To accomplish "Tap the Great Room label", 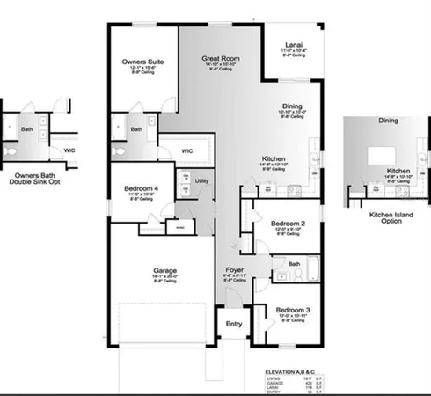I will (x=221, y=57).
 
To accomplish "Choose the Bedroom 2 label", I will (x=289, y=224).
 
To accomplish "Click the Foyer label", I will (x=234, y=270).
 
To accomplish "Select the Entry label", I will (x=234, y=324).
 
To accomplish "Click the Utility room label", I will (x=201, y=180).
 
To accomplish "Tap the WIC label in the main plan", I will (x=187, y=150).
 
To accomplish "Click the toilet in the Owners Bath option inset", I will (x=10, y=150).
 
